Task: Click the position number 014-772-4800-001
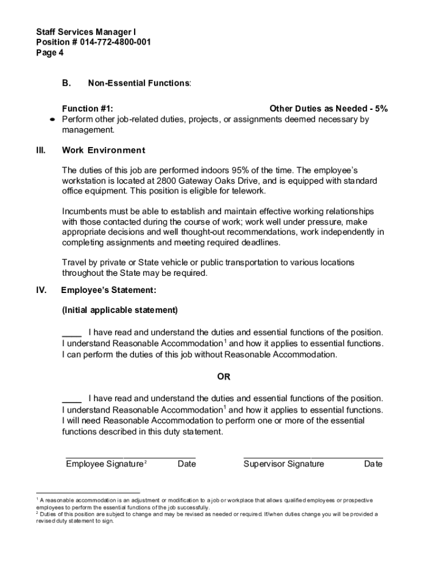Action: click(x=112, y=42)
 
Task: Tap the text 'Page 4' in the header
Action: click(x=50, y=53)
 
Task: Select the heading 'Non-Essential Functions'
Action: click(x=139, y=84)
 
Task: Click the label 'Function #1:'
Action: click(x=88, y=109)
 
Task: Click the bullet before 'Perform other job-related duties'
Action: click(x=52, y=120)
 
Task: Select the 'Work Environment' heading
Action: click(x=104, y=151)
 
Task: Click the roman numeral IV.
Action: click(x=41, y=291)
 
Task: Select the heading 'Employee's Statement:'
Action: click(x=109, y=291)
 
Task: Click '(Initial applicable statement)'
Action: click(x=120, y=310)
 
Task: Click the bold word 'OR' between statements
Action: click(x=223, y=377)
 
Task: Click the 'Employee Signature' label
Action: click(x=104, y=464)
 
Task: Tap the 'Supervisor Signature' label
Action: click(x=283, y=464)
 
